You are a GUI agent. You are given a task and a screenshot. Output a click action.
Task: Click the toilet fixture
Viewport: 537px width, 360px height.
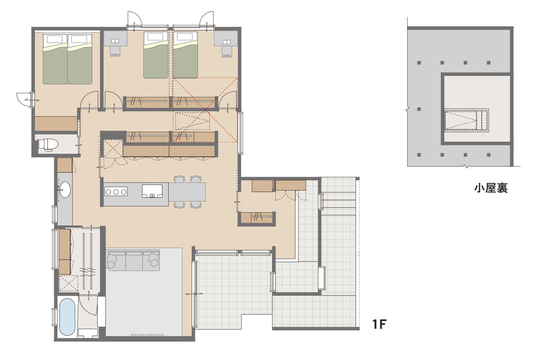[48, 145]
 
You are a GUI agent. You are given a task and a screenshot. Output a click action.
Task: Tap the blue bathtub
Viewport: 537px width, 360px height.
[67, 316]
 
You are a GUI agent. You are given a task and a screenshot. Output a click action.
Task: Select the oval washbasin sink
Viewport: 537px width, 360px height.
[65, 190]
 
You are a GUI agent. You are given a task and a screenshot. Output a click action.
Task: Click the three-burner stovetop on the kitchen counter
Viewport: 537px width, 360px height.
[116, 192]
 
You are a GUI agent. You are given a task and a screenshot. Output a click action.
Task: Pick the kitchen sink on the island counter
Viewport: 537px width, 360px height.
[152, 191]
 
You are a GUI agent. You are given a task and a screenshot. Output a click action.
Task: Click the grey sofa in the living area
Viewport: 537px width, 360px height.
[134, 260]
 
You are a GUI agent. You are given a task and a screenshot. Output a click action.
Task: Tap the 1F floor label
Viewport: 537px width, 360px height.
[380, 324]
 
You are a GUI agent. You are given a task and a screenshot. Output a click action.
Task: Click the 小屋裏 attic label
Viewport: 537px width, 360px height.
[491, 188]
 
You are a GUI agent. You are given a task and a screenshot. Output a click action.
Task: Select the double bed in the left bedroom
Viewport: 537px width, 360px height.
[67, 59]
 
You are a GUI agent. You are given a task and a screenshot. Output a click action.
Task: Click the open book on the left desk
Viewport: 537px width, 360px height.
[115, 41]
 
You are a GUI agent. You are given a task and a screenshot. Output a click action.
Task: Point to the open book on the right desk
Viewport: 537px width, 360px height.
[227, 42]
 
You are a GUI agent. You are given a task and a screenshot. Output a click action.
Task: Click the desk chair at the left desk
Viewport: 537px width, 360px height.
[115, 51]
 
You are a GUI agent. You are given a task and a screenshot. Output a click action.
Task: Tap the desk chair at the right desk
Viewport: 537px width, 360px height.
[227, 52]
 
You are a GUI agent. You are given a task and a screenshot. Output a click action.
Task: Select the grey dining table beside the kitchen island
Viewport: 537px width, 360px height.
[187, 192]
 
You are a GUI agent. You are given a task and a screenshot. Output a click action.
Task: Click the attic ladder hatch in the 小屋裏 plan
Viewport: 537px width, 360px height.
[466, 120]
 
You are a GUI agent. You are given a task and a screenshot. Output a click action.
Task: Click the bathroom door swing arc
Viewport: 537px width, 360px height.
[87, 306]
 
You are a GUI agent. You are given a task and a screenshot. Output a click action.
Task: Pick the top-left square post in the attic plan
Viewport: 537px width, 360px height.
[419, 63]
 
